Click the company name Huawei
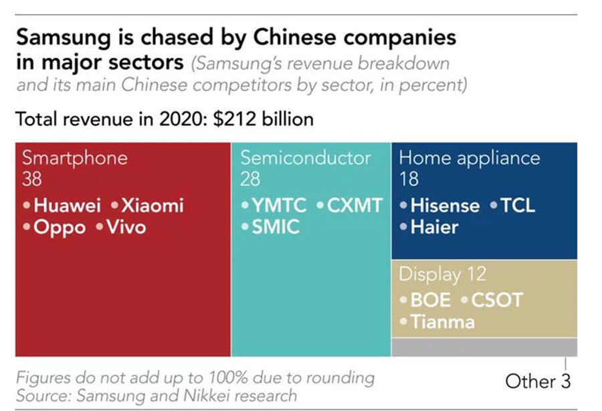(67, 205)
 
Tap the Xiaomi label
(151, 205)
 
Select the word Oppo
(60, 227)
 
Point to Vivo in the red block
(125, 227)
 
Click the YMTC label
(280, 205)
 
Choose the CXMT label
(355, 205)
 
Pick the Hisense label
(445, 205)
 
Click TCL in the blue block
(518, 205)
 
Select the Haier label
(434, 227)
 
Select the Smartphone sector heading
(74, 158)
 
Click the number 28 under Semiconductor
(250, 179)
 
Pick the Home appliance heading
(469, 158)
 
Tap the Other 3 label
(538, 381)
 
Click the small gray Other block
(484, 347)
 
